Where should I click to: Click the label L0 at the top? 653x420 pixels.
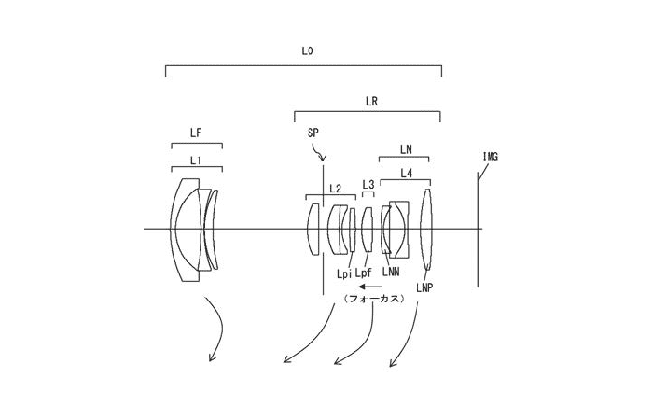pos(307,51)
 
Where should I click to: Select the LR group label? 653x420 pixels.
pos(371,101)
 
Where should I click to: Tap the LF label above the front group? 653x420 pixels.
pos(196,133)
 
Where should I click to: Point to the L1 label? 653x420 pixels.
pos(195,161)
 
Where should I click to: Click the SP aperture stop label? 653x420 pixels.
pos(313,133)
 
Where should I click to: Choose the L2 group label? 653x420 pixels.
pos(335,189)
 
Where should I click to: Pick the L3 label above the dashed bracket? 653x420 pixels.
pos(368,184)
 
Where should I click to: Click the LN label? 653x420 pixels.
pos(406,149)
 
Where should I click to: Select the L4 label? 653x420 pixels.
pos(407,174)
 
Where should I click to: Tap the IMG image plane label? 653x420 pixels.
pos(491,157)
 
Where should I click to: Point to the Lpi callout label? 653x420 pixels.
pos(344,273)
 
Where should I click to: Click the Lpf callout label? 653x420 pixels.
pos(364,273)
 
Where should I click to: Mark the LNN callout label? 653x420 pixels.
pos(391,273)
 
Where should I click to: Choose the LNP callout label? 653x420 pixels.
pos(424,287)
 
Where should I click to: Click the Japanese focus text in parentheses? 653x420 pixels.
pos(374,299)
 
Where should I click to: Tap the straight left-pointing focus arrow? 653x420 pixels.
pos(370,287)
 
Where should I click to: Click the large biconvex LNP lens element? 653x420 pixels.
pos(426,230)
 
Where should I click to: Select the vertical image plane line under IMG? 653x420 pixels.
pos(478,230)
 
